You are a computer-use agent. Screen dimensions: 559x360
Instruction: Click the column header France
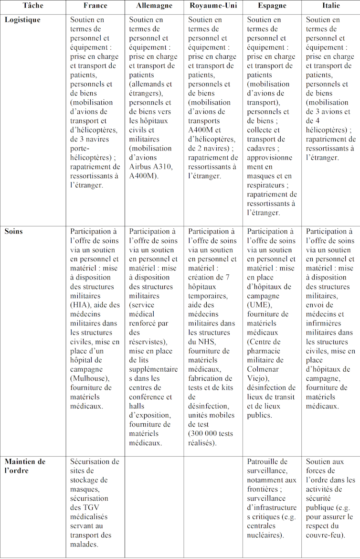coord(95,6)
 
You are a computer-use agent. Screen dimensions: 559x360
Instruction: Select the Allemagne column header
coord(154,6)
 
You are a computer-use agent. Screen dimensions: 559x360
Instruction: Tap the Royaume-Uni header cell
coord(213,6)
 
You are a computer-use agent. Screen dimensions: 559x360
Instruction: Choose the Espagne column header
coord(272,6)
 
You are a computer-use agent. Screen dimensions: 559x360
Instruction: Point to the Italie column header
coord(331,6)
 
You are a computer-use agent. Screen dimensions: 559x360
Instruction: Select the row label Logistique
coord(22,20)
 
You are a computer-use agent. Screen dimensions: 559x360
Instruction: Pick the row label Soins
coord(14,231)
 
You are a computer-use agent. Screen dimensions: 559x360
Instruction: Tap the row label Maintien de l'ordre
coord(25,466)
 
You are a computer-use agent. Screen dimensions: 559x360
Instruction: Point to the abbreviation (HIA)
coord(80,305)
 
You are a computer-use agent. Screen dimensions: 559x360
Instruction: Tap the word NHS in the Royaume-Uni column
coord(211,342)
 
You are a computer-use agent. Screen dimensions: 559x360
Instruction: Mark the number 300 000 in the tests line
coord(204,433)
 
